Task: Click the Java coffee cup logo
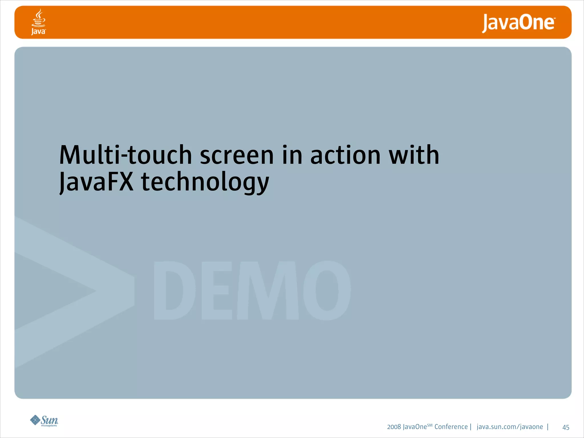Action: (38, 22)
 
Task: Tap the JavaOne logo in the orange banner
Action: (518, 23)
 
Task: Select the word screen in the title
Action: (237, 156)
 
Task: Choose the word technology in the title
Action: (205, 182)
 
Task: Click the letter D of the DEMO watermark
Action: (174, 290)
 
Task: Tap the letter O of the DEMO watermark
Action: (327, 290)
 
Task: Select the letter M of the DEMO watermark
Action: (267, 290)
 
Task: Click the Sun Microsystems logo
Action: (44, 421)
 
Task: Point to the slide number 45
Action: (566, 427)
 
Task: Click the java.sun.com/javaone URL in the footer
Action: (510, 427)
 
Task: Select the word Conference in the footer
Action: (451, 427)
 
